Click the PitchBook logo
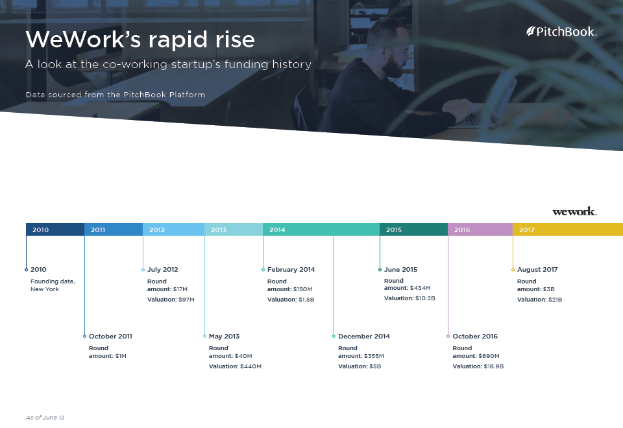[x=561, y=32]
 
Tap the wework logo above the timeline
[x=574, y=211]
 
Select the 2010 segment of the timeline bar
[x=55, y=230]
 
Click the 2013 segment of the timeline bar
[x=234, y=230]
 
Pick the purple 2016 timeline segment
[x=480, y=230]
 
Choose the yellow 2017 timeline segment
[x=568, y=230]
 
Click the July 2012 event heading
[x=162, y=270]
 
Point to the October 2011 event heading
[x=110, y=337]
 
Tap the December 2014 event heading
[x=364, y=337]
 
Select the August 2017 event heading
[x=537, y=270]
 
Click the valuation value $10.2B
[x=425, y=298]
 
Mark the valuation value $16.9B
[x=493, y=366]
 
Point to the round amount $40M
[x=243, y=356]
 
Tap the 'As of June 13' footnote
[x=45, y=418]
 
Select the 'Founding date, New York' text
[x=53, y=285]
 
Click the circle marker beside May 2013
[x=204, y=337]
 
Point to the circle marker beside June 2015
[x=380, y=270]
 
